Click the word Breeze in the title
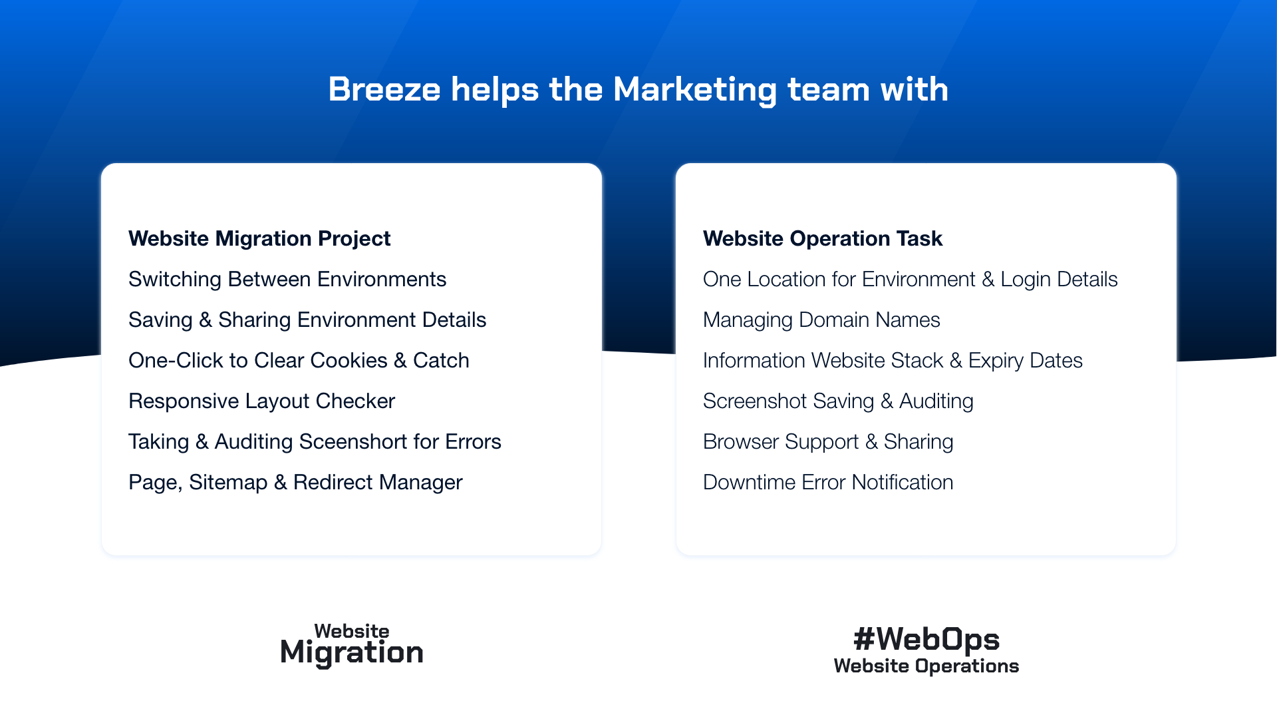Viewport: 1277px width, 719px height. click(x=384, y=89)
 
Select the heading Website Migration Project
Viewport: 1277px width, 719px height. click(x=259, y=239)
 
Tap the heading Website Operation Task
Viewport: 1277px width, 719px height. click(x=823, y=239)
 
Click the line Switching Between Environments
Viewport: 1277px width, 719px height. click(x=287, y=280)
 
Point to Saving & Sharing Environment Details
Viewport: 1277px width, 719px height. click(x=307, y=320)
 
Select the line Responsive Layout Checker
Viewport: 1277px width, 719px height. click(x=262, y=401)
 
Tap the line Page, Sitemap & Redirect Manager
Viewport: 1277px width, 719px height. click(x=295, y=483)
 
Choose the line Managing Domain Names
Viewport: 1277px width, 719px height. click(x=821, y=320)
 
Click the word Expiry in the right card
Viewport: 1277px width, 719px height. click(x=996, y=361)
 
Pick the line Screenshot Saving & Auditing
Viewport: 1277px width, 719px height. click(x=838, y=401)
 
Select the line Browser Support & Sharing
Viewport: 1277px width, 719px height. click(x=828, y=442)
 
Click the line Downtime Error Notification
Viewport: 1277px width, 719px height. click(x=828, y=483)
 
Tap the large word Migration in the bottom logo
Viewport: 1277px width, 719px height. click(x=352, y=653)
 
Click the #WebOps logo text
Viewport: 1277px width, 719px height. click(x=926, y=639)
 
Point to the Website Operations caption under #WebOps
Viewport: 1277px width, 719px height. click(x=926, y=666)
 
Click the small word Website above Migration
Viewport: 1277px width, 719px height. click(x=352, y=631)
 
